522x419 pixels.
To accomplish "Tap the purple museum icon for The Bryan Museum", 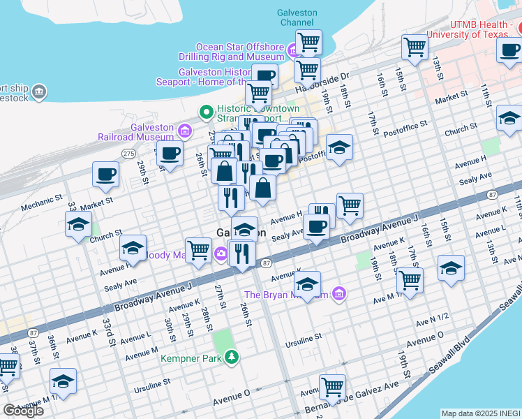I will (339, 294).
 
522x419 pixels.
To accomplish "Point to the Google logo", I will (23, 409).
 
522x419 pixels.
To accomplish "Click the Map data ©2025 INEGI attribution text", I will (481, 413).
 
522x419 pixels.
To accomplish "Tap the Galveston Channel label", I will (297, 17).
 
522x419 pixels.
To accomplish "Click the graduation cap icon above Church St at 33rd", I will (78, 224).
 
